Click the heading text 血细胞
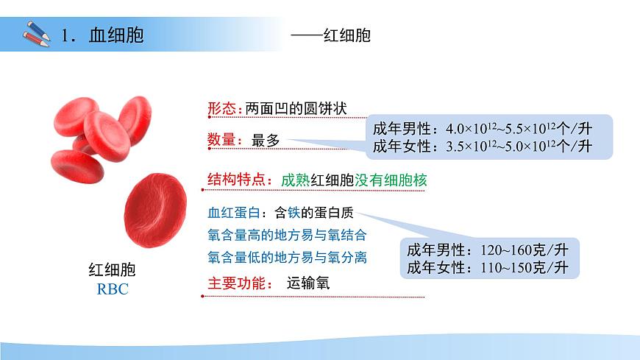[x=116, y=35]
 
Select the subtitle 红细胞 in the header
[x=346, y=35]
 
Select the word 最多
[x=266, y=140]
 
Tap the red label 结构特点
[x=239, y=180]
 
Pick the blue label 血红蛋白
[x=235, y=213]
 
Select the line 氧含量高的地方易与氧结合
[x=288, y=236]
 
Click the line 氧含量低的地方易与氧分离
[x=288, y=258]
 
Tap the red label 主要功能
[x=239, y=283]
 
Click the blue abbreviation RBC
[x=113, y=289]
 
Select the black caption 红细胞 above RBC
[x=113, y=270]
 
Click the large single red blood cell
[x=152, y=210]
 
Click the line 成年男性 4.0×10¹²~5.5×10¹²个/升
[x=483, y=127]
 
